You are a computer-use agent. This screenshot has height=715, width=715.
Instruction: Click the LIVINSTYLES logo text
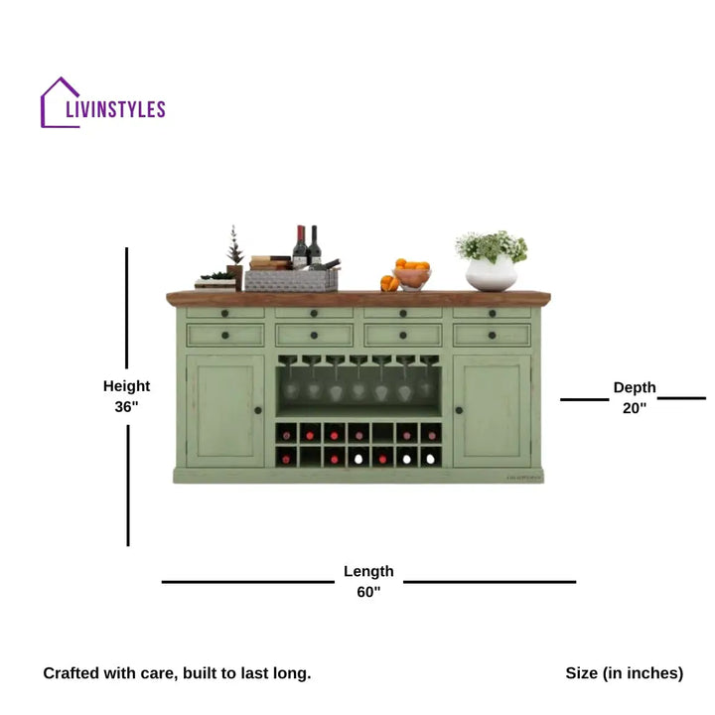point(115,109)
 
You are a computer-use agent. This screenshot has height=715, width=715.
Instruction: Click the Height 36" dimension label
point(126,396)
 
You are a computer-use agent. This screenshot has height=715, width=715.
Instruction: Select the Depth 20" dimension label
point(635,397)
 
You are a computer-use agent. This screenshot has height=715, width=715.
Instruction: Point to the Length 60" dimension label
point(368,581)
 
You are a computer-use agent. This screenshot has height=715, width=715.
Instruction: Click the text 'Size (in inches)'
point(625,673)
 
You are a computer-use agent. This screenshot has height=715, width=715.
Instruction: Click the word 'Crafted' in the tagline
point(71,673)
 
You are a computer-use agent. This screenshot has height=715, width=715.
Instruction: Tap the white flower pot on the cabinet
point(492,273)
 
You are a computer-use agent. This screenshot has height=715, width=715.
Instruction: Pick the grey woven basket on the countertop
point(291,280)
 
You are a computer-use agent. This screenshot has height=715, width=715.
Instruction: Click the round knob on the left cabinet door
point(257,410)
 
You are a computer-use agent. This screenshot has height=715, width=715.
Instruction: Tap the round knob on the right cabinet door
point(459,410)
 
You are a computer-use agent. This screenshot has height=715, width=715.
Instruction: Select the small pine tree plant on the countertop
point(234,257)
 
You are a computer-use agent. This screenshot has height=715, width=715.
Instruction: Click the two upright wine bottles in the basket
point(307,246)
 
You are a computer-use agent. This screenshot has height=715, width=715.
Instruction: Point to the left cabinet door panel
point(225,411)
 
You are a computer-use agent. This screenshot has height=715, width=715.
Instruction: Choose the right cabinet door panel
point(492,411)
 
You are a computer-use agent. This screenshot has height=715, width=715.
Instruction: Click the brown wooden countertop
point(358,298)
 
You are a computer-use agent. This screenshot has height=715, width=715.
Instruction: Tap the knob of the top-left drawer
point(224,313)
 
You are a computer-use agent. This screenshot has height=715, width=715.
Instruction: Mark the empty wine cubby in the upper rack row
point(382,433)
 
